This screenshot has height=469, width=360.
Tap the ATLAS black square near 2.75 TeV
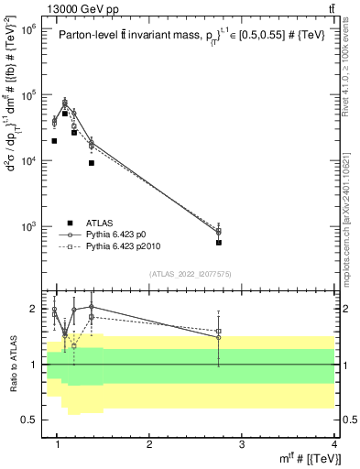tap(219, 243)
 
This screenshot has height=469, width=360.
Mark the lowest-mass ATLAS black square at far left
tap(54, 141)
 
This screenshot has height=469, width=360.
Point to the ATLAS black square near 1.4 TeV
tap(92, 163)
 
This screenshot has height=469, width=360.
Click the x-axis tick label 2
tap(150, 445)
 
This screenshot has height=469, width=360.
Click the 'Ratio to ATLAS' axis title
tap(12, 364)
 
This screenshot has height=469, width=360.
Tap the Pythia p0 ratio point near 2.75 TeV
tap(219, 337)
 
